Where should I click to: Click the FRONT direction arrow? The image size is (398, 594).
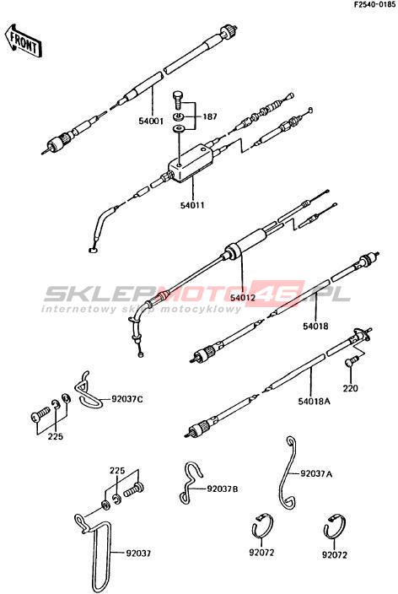pyautogui.click(x=24, y=40)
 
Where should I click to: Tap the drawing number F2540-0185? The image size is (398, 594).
pyautogui.click(x=374, y=5)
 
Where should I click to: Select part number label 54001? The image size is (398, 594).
pyautogui.click(x=150, y=121)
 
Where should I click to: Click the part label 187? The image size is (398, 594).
pyautogui.click(x=210, y=116)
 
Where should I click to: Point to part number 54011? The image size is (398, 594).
pyautogui.click(x=192, y=205)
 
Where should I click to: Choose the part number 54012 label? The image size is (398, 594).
pyautogui.click(x=243, y=298)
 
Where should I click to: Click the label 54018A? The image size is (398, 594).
pyautogui.click(x=314, y=401)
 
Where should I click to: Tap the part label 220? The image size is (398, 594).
pyautogui.click(x=350, y=388)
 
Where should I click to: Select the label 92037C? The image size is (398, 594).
pyautogui.click(x=127, y=399)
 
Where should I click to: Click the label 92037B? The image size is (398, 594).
pyautogui.click(x=223, y=489)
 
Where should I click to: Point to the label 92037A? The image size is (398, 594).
pyautogui.click(x=316, y=473)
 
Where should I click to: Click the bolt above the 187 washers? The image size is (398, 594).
pyautogui.click(x=177, y=100)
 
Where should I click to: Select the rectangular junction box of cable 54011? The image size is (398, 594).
pyautogui.click(x=191, y=163)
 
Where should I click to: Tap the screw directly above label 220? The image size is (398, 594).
pyautogui.click(x=351, y=361)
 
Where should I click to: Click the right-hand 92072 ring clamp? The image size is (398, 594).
pyautogui.click(x=335, y=527)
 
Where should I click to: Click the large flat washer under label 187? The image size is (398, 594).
pyautogui.click(x=178, y=129)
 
